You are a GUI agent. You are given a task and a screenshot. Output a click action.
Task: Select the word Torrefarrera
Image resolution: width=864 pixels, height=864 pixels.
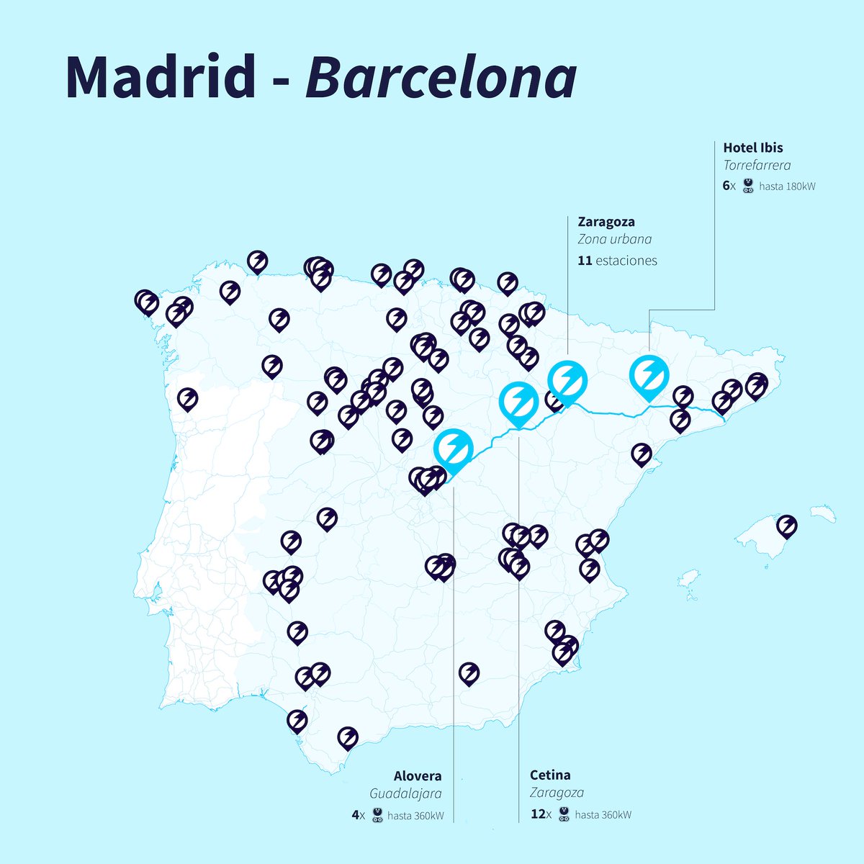[757, 166]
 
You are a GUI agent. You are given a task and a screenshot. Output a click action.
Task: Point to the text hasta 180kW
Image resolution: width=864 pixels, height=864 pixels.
[787, 186]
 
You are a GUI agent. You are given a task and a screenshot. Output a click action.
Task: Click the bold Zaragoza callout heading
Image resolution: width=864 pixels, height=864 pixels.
[606, 222]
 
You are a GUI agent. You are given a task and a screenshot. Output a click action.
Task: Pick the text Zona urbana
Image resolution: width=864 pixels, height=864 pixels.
[614, 240]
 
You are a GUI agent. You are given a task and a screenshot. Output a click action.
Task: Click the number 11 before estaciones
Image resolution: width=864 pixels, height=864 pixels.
[584, 261]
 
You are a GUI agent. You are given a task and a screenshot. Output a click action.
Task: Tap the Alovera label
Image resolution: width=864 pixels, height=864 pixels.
[418, 776]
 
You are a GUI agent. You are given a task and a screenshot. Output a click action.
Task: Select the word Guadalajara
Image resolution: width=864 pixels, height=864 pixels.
[406, 793]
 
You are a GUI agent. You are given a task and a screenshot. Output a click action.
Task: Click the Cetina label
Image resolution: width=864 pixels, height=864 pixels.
[550, 775]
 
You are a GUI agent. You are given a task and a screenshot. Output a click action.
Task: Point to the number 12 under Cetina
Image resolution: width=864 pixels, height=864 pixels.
[537, 815]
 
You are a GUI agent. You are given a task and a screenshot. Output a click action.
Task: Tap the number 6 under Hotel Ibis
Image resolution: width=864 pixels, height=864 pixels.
[726, 186]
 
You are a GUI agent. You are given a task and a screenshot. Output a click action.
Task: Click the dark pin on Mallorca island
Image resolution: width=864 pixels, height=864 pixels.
[787, 526]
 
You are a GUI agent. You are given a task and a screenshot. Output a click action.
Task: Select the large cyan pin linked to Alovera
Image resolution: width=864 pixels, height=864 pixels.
[453, 449]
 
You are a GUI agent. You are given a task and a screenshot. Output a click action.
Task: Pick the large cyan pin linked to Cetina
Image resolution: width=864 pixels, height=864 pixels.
[518, 402]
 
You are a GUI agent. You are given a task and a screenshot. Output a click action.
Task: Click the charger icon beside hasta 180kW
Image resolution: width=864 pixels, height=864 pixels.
[748, 186]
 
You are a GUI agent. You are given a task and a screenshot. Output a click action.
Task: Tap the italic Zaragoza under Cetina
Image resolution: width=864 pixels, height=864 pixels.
[557, 793]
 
